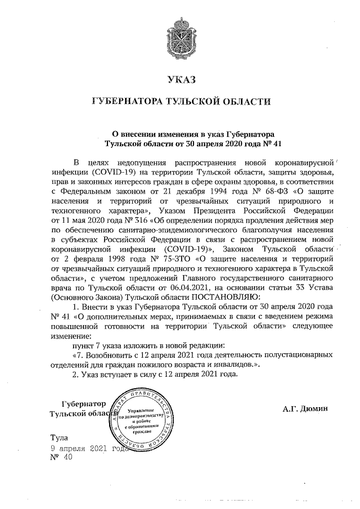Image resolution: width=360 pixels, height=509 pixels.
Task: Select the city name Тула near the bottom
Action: pyautogui.click(x=58, y=437)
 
